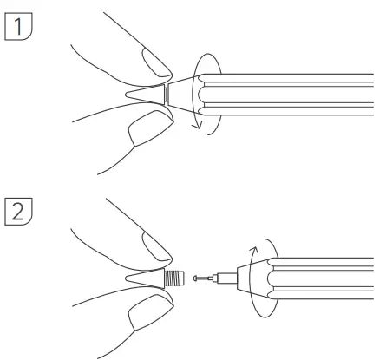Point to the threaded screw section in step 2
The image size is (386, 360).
[174, 278]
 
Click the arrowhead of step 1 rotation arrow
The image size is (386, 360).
[197, 128]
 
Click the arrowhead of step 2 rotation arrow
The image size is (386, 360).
[255, 248]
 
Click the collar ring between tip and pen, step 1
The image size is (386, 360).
[165, 95]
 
